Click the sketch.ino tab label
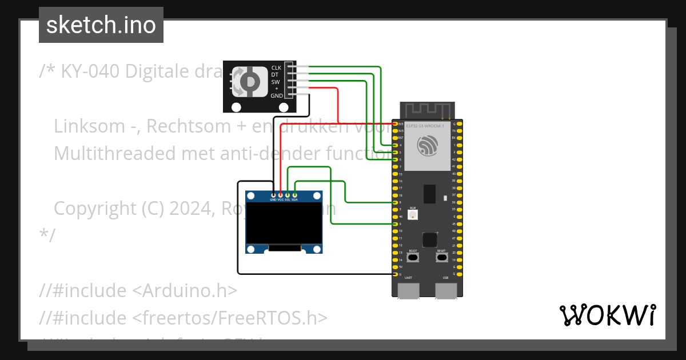[101, 25]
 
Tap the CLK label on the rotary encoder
[276, 67]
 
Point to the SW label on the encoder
[276, 82]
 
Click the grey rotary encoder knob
[249, 81]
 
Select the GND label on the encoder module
[277, 95]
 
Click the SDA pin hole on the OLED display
[294, 195]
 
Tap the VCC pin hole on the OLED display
[280, 195]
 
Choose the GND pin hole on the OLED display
[273, 195]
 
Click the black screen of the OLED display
[284, 224]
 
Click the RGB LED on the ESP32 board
[413, 215]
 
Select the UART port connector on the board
[408, 290]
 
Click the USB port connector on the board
[445, 290]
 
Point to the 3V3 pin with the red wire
[395, 123]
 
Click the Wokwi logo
[607, 315]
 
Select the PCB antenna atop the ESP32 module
[427, 110]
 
